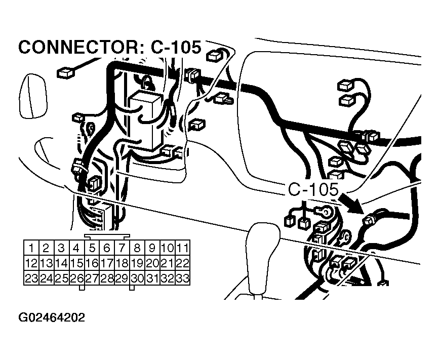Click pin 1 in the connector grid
tap(31, 248)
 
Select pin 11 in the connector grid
tap(182, 248)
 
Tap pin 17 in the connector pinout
tap(106, 263)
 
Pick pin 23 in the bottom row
tap(31, 278)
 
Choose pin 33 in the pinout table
tap(182, 278)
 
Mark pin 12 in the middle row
tap(31, 263)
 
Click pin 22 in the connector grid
tap(182, 263)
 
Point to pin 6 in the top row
tap(106, 248)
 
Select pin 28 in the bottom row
tap(106, 278)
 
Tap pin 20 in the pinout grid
tap(152, 263)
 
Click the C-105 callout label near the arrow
tap(312, 190)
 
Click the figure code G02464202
tap(52, 318)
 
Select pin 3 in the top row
tap(61, 248)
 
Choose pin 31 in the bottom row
tap(152, 278)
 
